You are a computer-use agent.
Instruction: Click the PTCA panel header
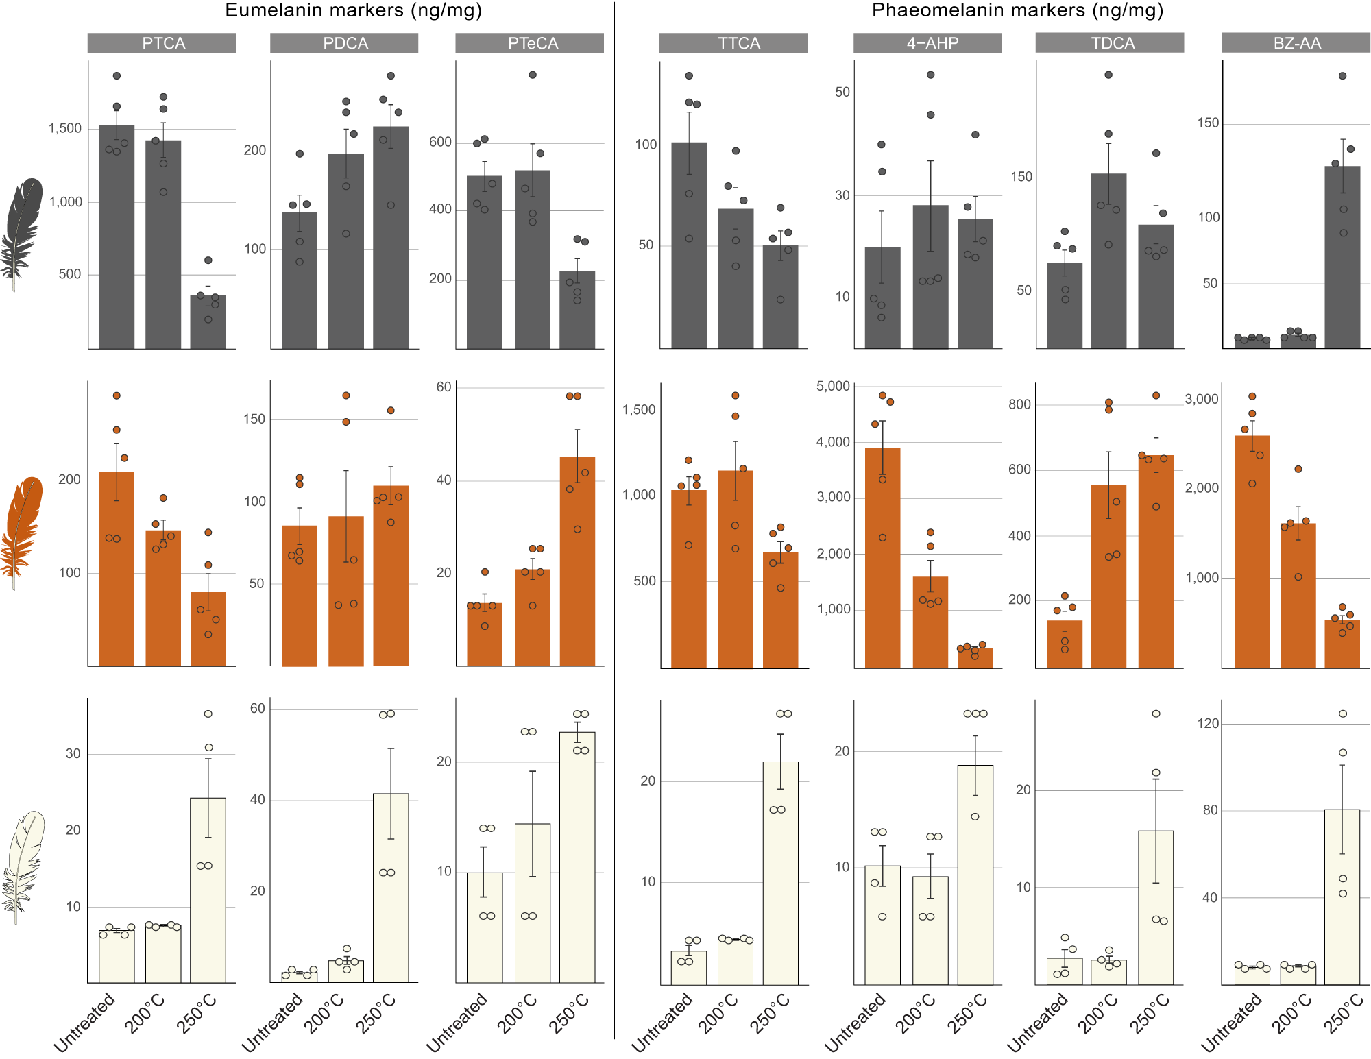pos(162,43)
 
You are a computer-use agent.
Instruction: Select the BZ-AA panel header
pos(1296,43)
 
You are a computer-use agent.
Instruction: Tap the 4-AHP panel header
pos(927,43)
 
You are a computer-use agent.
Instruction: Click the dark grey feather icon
pos(22,233)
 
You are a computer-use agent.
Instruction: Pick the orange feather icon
pos(22,531)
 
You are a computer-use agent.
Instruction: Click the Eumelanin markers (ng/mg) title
pos(353,10)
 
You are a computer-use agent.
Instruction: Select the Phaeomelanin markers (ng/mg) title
pos(1017,10)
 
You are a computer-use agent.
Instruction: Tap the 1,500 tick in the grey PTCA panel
pos(65,129)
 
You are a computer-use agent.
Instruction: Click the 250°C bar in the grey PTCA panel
pos(208,322)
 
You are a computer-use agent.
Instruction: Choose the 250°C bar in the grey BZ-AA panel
pos(1342,257)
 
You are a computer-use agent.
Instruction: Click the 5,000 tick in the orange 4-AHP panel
pos(833,387)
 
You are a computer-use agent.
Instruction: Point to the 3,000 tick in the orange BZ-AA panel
pos(1202,400)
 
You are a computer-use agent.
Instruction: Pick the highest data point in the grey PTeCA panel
pos(533,75)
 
